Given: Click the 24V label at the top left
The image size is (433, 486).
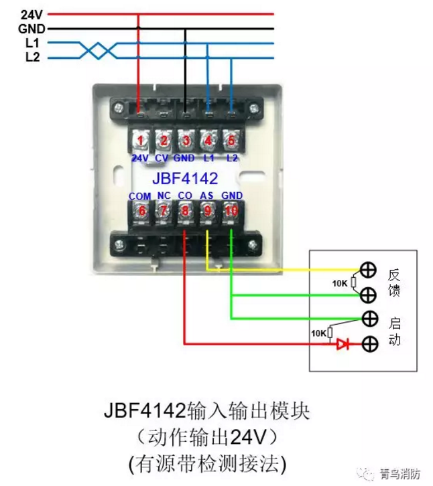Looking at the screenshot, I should coord(32,13).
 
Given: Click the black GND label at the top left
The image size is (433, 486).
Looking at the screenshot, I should coord(32,29).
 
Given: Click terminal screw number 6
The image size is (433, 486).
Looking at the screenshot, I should coord(140,211).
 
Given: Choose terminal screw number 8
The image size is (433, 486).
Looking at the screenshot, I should coord(186,211).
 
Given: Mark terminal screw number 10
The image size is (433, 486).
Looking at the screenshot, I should coord(231,211).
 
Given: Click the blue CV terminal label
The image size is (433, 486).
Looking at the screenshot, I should coord(162,159).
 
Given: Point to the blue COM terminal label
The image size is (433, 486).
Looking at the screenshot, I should coord(140,195).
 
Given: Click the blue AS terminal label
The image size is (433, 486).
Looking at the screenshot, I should coord(208,195).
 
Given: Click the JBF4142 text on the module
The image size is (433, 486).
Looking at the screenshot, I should coord(185,178).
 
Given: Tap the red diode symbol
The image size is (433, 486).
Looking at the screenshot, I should coord(343,344).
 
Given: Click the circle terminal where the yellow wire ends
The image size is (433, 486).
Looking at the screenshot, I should coord(368,270).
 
